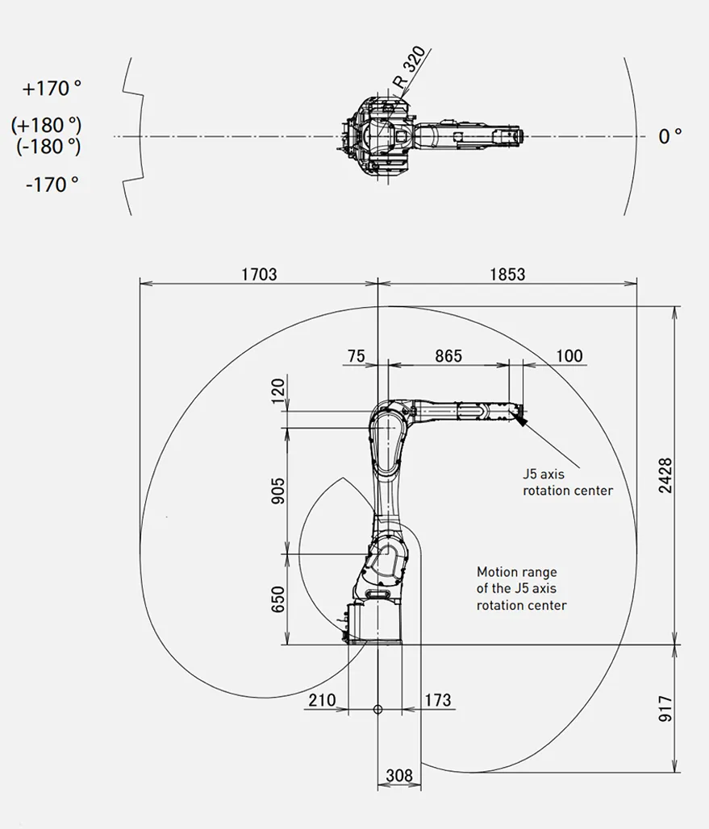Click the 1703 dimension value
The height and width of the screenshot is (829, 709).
[259, 275]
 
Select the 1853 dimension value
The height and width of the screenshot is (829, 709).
[507, 275]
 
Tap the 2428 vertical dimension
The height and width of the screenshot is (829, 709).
[665, 476]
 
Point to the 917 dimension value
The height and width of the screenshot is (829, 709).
[665, 709]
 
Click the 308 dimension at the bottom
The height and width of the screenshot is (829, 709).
[399, 775]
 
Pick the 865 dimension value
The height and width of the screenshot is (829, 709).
[448, 356]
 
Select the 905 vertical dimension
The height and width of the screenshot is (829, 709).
[278, 491]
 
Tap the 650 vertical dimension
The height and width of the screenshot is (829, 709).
[278, 599]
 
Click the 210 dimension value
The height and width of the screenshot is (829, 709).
[322, 700]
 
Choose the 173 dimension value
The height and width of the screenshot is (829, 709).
[438, 700]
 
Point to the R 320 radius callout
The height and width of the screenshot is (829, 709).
[409, 67]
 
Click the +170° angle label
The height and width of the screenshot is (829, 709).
[52, 89]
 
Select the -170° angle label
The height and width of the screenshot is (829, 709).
[52, 184]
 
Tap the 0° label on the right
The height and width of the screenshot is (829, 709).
[669, 136]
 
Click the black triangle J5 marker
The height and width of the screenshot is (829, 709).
[521, 421]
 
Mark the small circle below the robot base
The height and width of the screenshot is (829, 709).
[377, 709]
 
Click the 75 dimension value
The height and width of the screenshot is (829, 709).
[357, 356]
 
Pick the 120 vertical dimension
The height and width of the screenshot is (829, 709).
[278, 390]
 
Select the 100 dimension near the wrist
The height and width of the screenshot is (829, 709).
[569, 356]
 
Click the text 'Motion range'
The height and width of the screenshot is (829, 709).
[517, 572]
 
